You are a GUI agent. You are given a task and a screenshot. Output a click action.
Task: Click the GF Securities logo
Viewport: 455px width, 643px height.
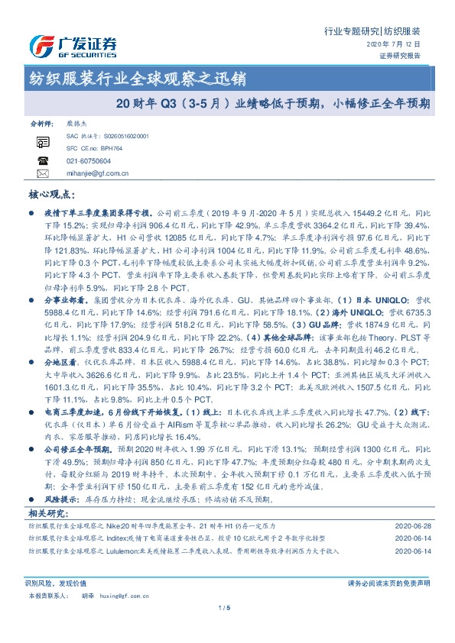[73, 47]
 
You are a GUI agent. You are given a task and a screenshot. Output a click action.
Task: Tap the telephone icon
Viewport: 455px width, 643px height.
[43, 161]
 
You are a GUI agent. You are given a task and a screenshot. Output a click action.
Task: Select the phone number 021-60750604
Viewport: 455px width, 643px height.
[89, 161]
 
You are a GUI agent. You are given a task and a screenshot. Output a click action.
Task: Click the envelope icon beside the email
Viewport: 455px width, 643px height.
[43, 174]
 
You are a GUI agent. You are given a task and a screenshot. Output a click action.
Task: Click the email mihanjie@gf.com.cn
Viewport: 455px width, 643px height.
[98, 173]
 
